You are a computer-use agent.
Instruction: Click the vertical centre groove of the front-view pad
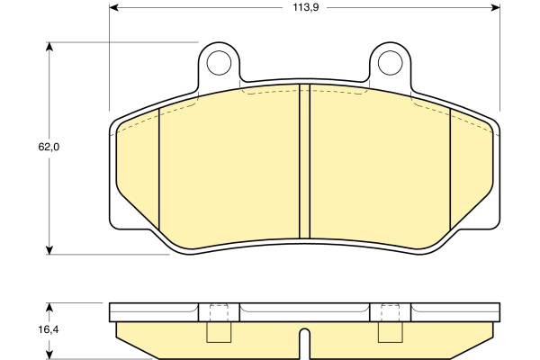[305, 162]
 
